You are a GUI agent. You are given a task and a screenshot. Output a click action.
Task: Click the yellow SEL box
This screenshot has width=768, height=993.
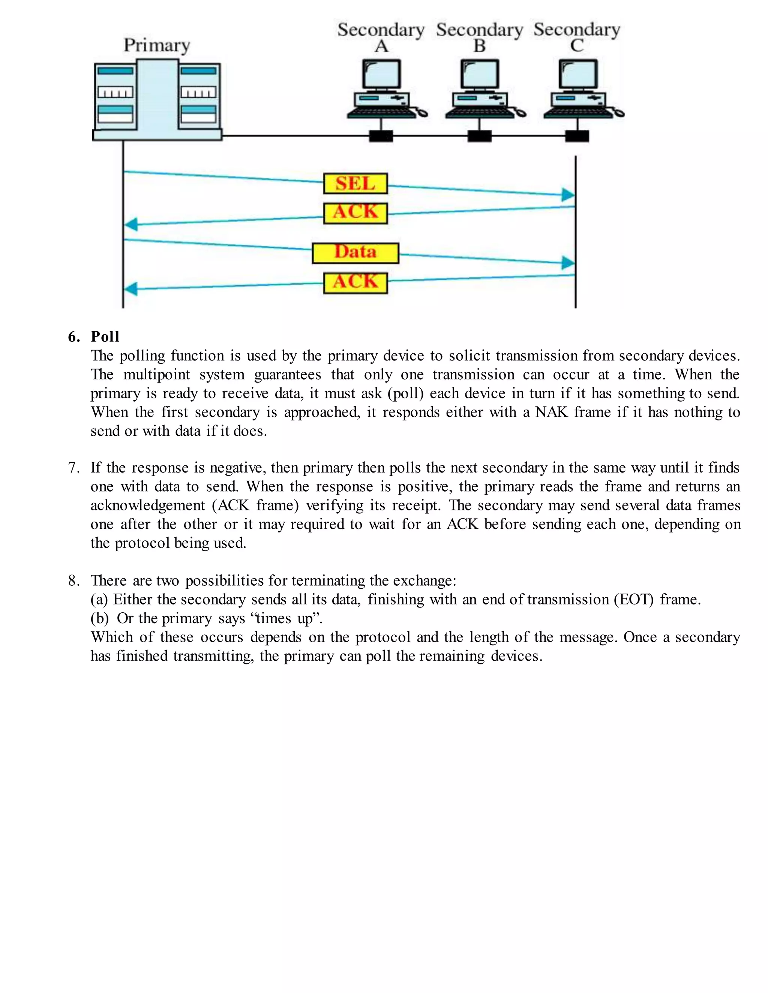pyautogui.click(x=355, y=184)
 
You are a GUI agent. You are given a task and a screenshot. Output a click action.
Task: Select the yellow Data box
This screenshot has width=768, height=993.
pyautogui.click(x=355, y=253)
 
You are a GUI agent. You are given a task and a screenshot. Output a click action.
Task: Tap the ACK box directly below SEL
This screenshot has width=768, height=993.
pyautogui.click(x=355, y=213)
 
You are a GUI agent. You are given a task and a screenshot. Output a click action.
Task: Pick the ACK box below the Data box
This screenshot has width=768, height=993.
pyautogui.click(x=355, y=283)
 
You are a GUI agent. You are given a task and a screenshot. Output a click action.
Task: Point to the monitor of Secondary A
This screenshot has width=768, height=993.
pyautogui.click(x=381, y=74)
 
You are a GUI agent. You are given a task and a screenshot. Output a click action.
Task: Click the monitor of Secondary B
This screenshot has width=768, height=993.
pyautogui.click(x=480, y=74)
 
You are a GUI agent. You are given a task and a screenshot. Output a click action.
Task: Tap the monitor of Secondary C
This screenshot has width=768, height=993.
pyautogui.click(x=578, y=74)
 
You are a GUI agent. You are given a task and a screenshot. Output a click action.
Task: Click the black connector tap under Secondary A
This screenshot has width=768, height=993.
pyautogui.click(x=381, y=136)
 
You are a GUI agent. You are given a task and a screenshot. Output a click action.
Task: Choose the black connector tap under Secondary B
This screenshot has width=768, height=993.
pyautogui.click(x=480, y=136)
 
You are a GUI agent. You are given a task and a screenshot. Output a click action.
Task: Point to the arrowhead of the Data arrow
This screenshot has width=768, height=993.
pyautogui.click(x=568, y=263)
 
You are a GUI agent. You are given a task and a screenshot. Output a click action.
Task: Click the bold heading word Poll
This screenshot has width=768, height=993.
pyautogui.click(x=105, y=337)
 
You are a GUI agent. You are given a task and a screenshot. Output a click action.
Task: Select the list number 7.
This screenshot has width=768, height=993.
pyautogui.click(x=74, y=468)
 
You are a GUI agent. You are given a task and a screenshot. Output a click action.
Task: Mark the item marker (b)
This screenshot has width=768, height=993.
pyautogui.click(x=99, y=618)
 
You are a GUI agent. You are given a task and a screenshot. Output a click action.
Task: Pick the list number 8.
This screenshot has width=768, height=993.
pyautogui.click(x=74, y=580)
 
